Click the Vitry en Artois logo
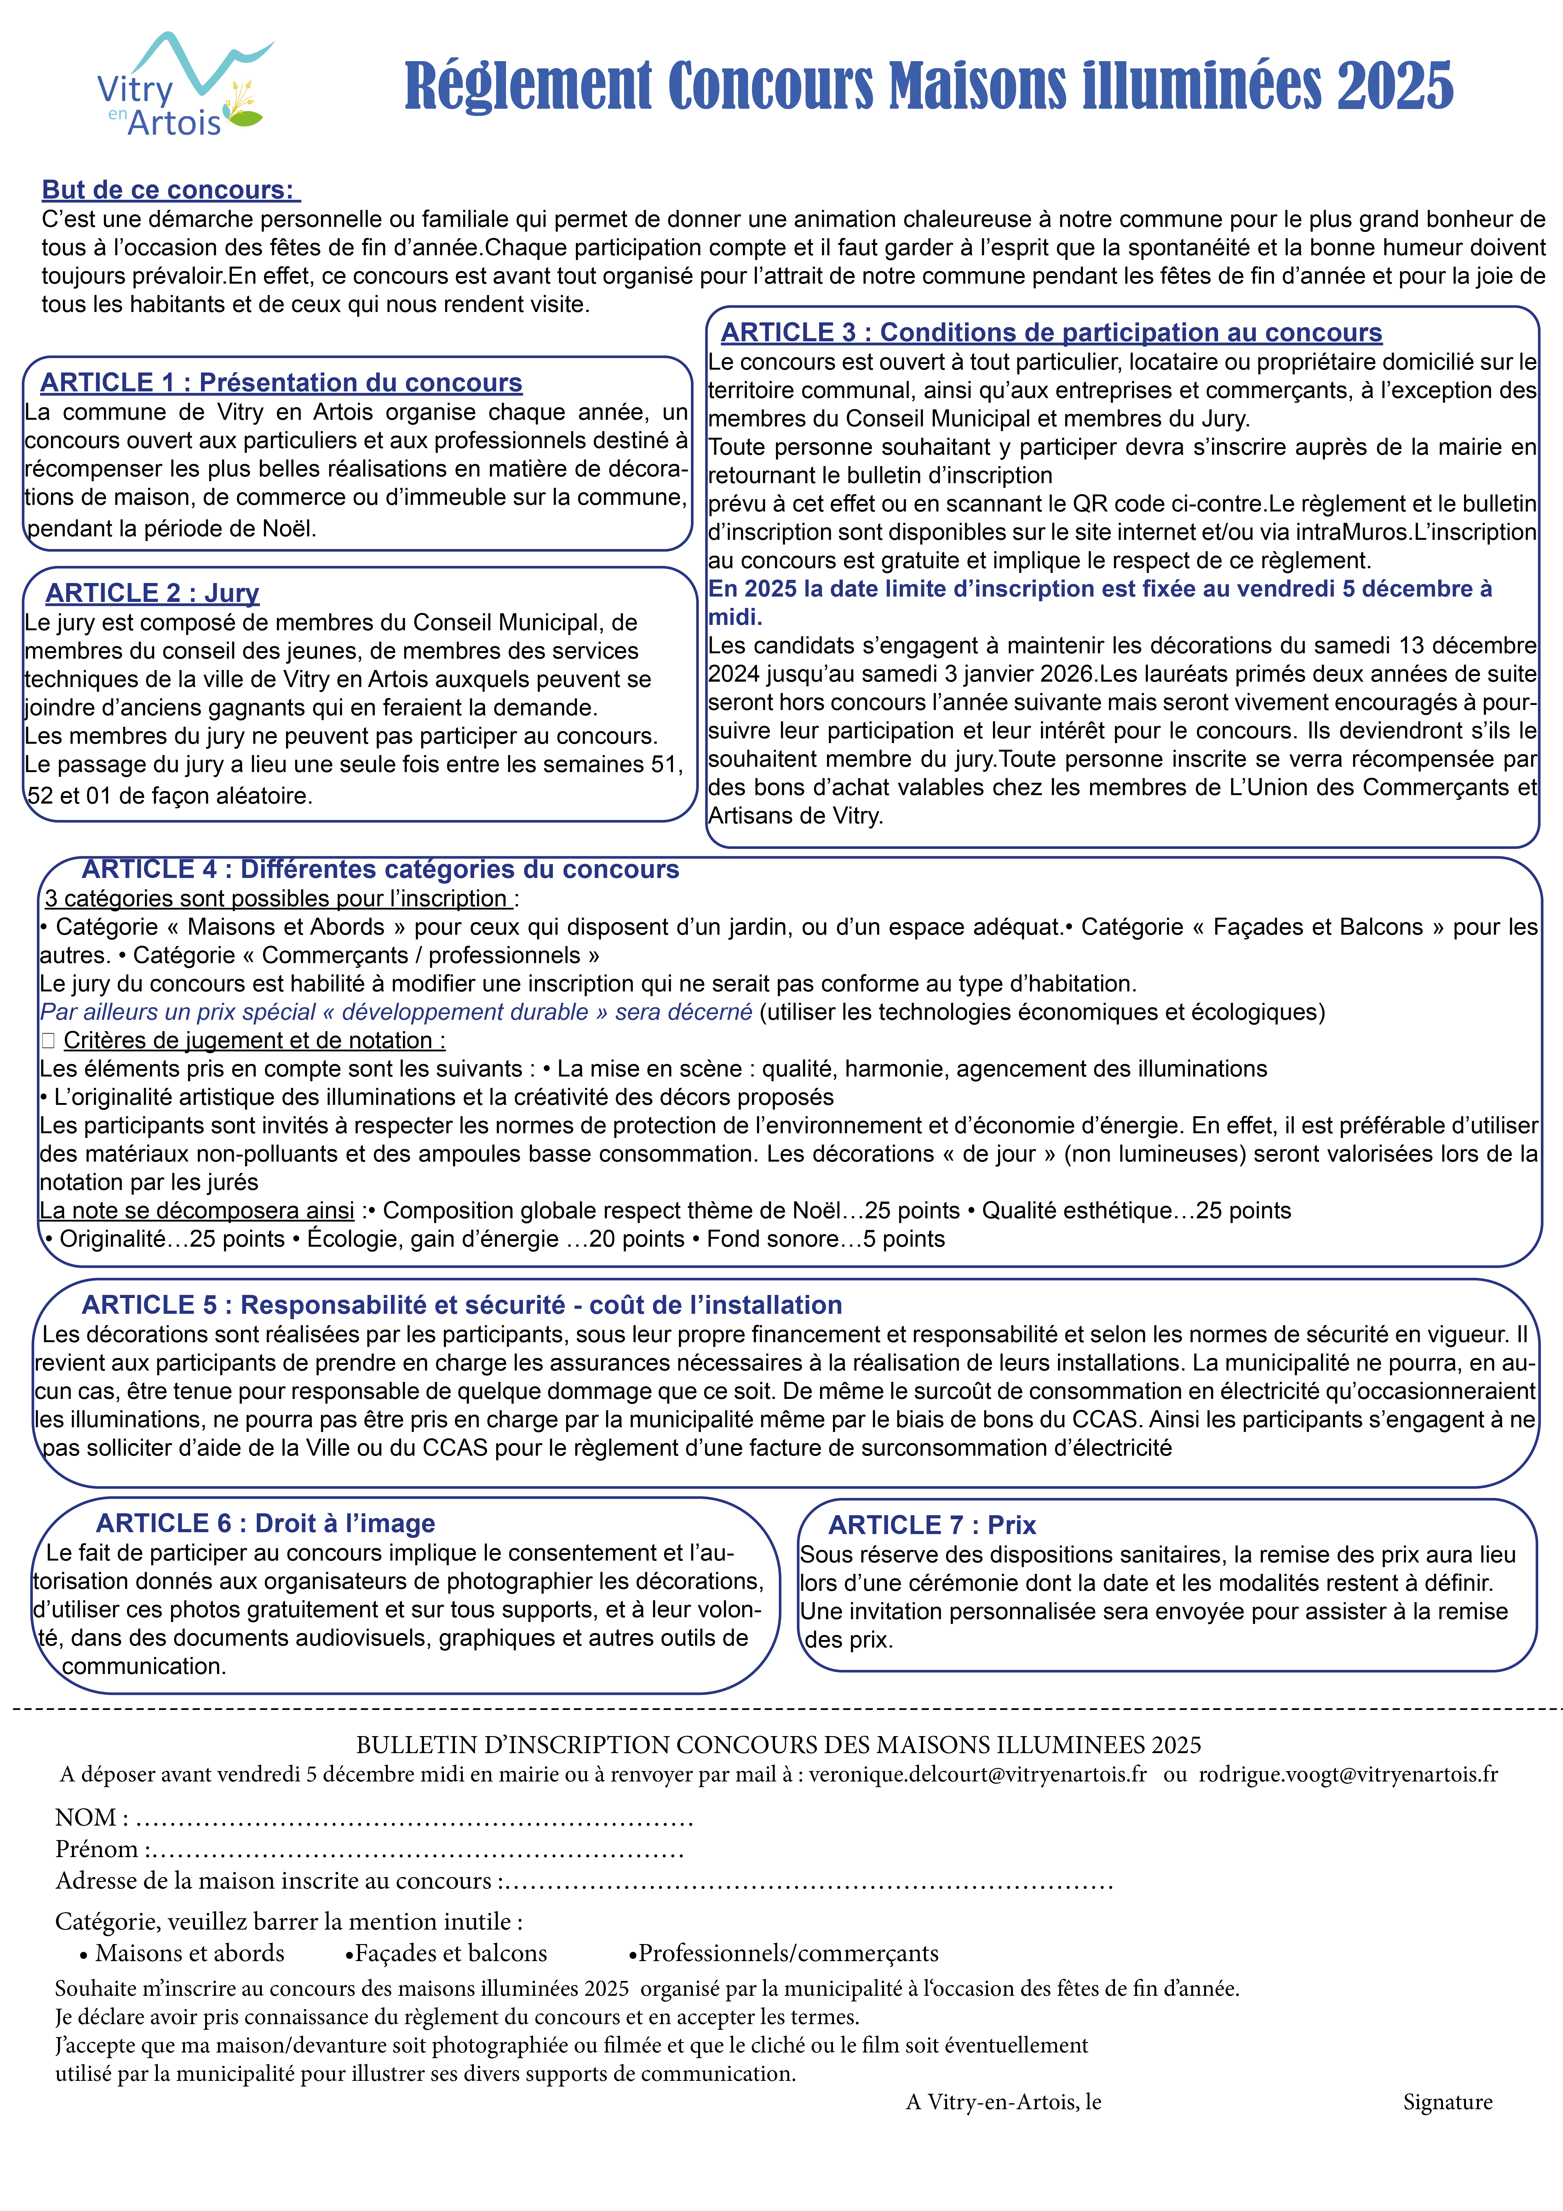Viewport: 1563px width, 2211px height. (x=183, y=87)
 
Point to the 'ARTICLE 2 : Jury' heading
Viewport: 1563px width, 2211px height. (x=152, y=593)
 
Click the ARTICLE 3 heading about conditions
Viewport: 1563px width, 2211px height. (x=1051, y=333)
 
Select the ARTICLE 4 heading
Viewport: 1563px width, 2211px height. (x=380, y=869)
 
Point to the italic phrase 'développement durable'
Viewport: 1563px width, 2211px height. (x=465, y=1012)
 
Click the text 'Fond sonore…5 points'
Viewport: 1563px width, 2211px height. (x=825, y=1239)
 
